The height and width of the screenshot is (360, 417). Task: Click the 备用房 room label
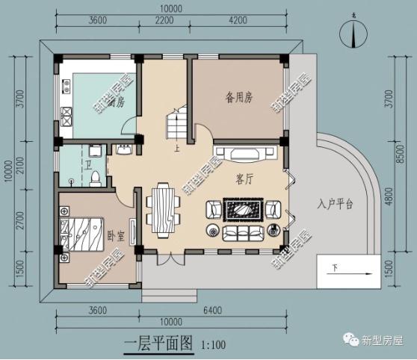pyautogui.click(x=238, y=96)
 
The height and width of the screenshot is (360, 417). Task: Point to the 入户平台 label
pyautogui.click(x=334, y=204)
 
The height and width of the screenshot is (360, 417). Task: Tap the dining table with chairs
pyautogui.click(x=161, y=209)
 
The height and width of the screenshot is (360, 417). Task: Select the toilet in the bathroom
pyautogui.click(x=96, y=178)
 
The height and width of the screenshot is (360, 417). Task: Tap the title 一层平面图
pyautogui.click(x=158, y=344)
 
